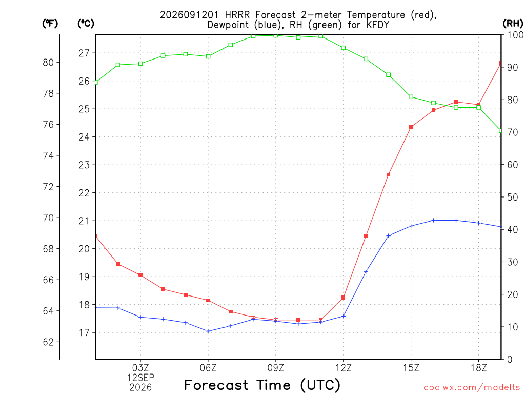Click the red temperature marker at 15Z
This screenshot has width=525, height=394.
click(x=411, y=127)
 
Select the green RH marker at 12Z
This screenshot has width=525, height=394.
click(x=343, y=48)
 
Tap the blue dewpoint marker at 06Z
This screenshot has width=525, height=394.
click(x=208, y=331)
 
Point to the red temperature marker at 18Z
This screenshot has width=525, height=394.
click(x=478, y=105)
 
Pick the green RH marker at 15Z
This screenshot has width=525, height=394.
click(x=411, y=97)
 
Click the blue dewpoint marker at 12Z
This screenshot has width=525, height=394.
click(x=343, y=316)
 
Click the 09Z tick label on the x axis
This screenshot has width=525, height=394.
click(x=275, y=368)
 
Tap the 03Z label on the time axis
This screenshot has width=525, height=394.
click(x=140, y=368)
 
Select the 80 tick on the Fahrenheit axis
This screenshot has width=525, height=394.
click(x=48, y=62)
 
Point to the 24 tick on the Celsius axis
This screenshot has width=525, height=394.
click(x=84, y=137)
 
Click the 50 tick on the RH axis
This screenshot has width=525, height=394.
click(x=512, y=197)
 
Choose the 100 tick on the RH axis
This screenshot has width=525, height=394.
click(x=515, y=35)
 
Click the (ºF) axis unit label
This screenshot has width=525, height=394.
click(x=50, y=24)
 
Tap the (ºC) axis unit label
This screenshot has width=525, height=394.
click(x=86, y=24)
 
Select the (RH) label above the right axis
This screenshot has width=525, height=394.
click(x=513, y=24)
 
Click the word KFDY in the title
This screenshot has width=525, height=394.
click(x=378, y=25)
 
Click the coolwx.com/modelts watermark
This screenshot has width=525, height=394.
click(x=472, y=387)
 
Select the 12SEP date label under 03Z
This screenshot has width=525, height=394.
click(x=140, y=378)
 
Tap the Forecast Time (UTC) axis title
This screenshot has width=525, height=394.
click(x=262, y=385)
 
